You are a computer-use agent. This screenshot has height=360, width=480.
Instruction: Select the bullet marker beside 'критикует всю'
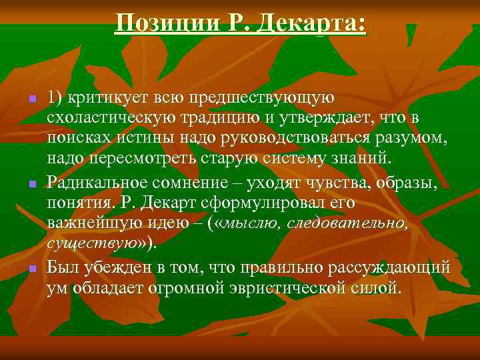coord(31,99)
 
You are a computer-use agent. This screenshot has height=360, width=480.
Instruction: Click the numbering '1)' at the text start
coord(55,97)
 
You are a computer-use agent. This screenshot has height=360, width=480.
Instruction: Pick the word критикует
coord(101,97)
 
